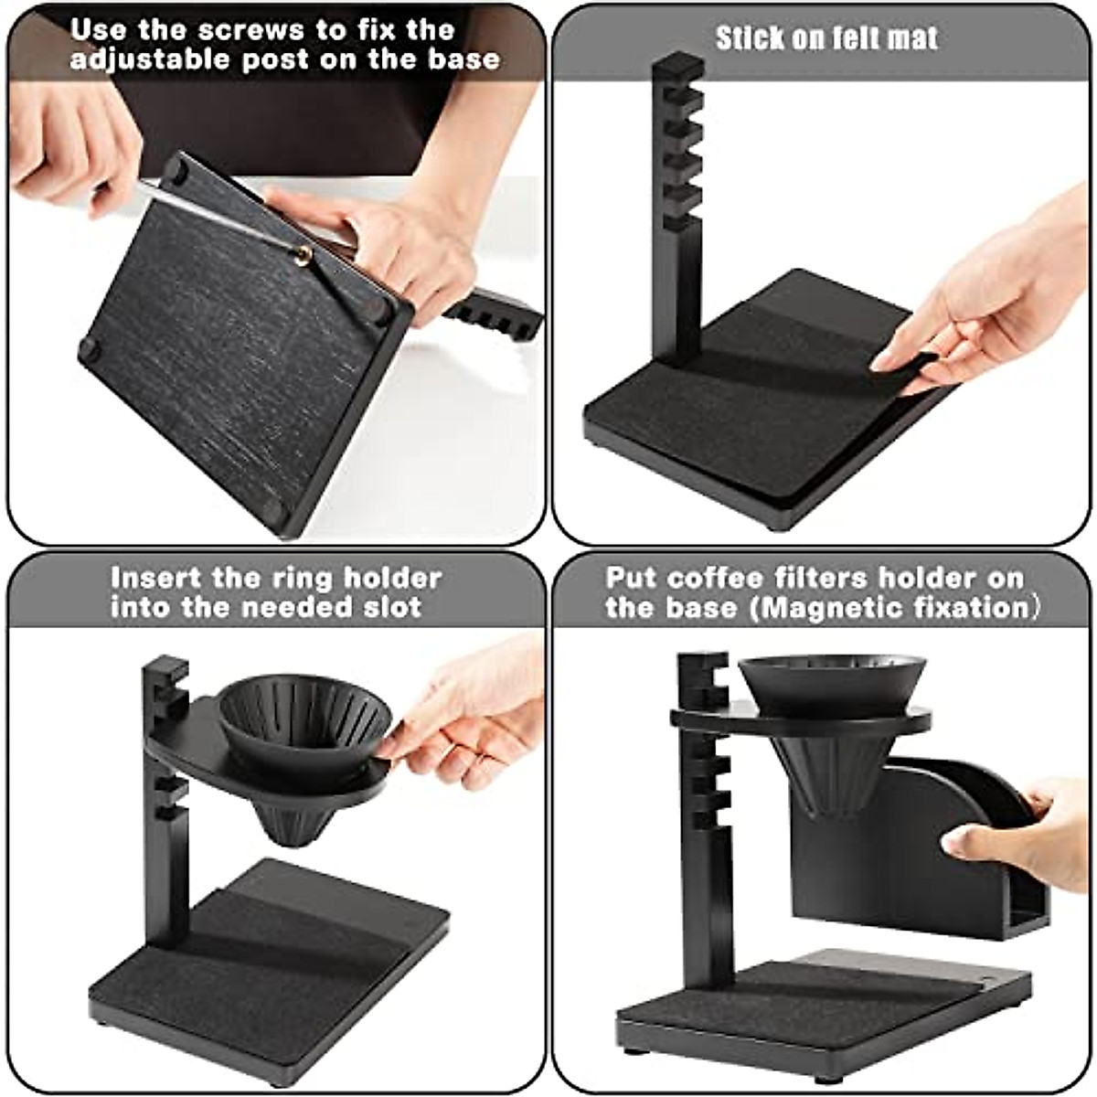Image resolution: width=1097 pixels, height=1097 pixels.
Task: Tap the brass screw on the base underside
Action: coord(305,252)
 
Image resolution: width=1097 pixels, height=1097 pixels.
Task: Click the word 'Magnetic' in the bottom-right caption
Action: coord(836,607)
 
